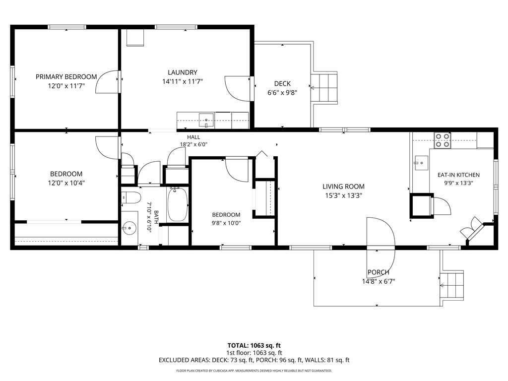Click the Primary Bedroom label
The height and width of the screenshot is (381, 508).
[66, 77]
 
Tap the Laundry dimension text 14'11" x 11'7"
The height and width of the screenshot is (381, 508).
[183, 81]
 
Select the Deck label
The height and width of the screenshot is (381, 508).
[282, 83]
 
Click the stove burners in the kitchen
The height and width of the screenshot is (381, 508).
[442, 140]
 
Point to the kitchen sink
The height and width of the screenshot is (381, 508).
[421, 163]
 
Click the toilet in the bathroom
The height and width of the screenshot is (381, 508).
[131, 197]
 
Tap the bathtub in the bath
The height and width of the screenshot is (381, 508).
[178, 204]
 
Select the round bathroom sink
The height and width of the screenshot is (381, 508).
[129, 228]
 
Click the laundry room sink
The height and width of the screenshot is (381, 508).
[206, 121]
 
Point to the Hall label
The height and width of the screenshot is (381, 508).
[193, 137]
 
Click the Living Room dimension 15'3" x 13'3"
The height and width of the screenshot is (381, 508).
[343, 195]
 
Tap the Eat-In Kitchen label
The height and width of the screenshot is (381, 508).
[458, 175]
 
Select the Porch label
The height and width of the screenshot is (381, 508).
[379, 272]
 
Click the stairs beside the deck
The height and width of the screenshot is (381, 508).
[324, 88]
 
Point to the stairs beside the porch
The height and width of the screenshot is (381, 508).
[452, 285]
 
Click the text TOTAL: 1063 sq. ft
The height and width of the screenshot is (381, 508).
[254, 346]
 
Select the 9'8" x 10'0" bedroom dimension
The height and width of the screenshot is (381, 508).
[226, 223]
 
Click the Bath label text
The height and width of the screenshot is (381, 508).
[156, 217]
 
